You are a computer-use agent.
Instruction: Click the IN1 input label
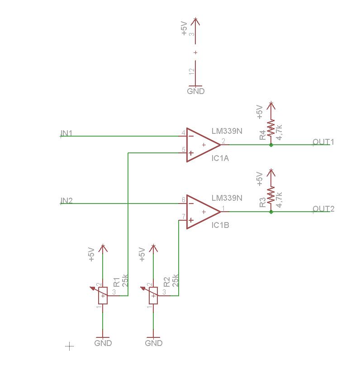66,133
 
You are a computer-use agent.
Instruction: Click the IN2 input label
66,200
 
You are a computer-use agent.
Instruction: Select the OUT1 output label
323,142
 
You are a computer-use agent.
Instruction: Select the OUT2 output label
323,209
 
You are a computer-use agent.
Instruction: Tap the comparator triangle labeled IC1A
202,145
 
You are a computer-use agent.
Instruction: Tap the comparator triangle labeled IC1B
202,212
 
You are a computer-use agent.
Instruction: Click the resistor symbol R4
271,128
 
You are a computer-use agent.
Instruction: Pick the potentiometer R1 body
104,296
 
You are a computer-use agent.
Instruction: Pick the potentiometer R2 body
154,296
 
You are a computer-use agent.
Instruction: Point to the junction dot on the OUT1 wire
271,145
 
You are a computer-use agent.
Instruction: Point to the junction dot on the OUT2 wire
271,212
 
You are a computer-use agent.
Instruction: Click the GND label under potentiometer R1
103,343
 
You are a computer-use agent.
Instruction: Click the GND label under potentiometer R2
154,343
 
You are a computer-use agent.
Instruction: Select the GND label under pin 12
195,91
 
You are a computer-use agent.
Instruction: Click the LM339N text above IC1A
227,131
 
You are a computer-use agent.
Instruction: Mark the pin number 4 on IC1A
183,133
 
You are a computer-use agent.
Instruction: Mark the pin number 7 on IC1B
183,216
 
